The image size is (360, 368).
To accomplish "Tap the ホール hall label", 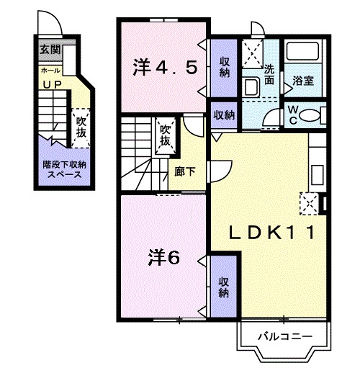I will (x=50, y=71).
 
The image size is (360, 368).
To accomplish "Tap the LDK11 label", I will (x=270, y=233).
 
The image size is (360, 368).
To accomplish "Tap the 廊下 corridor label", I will (x=184, y=172).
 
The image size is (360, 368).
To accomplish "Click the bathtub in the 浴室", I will (x=303, y=53).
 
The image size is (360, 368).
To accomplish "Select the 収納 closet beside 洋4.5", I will (x=225, y=67).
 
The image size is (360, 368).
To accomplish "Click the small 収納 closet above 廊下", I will (x=224, y=115).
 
